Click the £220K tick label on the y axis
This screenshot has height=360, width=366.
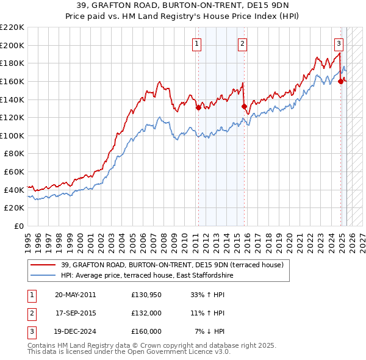12,27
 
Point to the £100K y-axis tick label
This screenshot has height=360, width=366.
12,135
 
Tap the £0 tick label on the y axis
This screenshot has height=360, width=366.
19,226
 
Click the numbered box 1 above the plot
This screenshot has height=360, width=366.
198,43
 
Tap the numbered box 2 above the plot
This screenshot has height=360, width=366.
242,43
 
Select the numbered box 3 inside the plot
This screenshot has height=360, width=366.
339,43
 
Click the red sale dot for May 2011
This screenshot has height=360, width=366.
198,108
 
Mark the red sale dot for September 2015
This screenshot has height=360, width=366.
244,107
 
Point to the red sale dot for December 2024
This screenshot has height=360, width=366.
340,81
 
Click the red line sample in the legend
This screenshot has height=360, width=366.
43,265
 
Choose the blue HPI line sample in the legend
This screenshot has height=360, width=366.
43,276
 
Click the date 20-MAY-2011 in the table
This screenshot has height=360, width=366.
75,295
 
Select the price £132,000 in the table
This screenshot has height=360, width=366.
146,313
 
